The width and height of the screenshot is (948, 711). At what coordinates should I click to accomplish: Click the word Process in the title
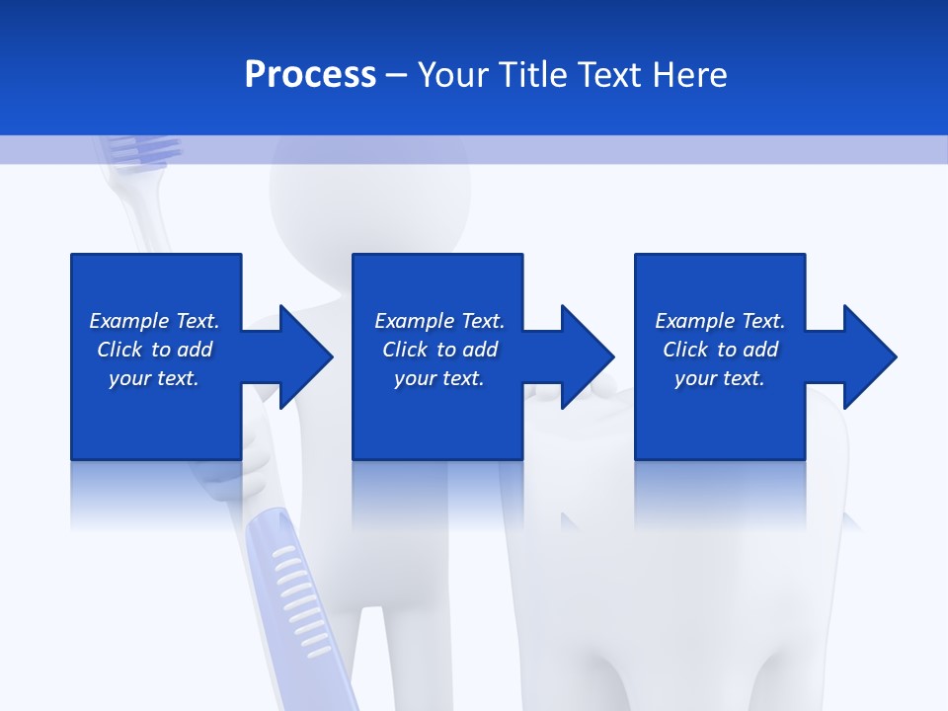[310, 75]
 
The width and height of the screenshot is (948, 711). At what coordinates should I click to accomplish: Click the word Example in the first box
[129, 321]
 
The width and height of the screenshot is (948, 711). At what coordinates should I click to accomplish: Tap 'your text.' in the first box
[154, 378]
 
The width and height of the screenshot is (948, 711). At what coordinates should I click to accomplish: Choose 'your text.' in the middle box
[439, 378]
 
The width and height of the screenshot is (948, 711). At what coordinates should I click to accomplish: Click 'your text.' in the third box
[720, 378]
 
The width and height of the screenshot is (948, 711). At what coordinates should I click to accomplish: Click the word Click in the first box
[119, 350]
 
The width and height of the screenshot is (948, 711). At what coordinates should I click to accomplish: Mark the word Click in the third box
[685, 350]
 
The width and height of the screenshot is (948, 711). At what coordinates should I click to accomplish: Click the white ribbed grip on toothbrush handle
[297, 592]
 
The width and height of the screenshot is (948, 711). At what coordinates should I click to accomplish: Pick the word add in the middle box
[480, 350]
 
